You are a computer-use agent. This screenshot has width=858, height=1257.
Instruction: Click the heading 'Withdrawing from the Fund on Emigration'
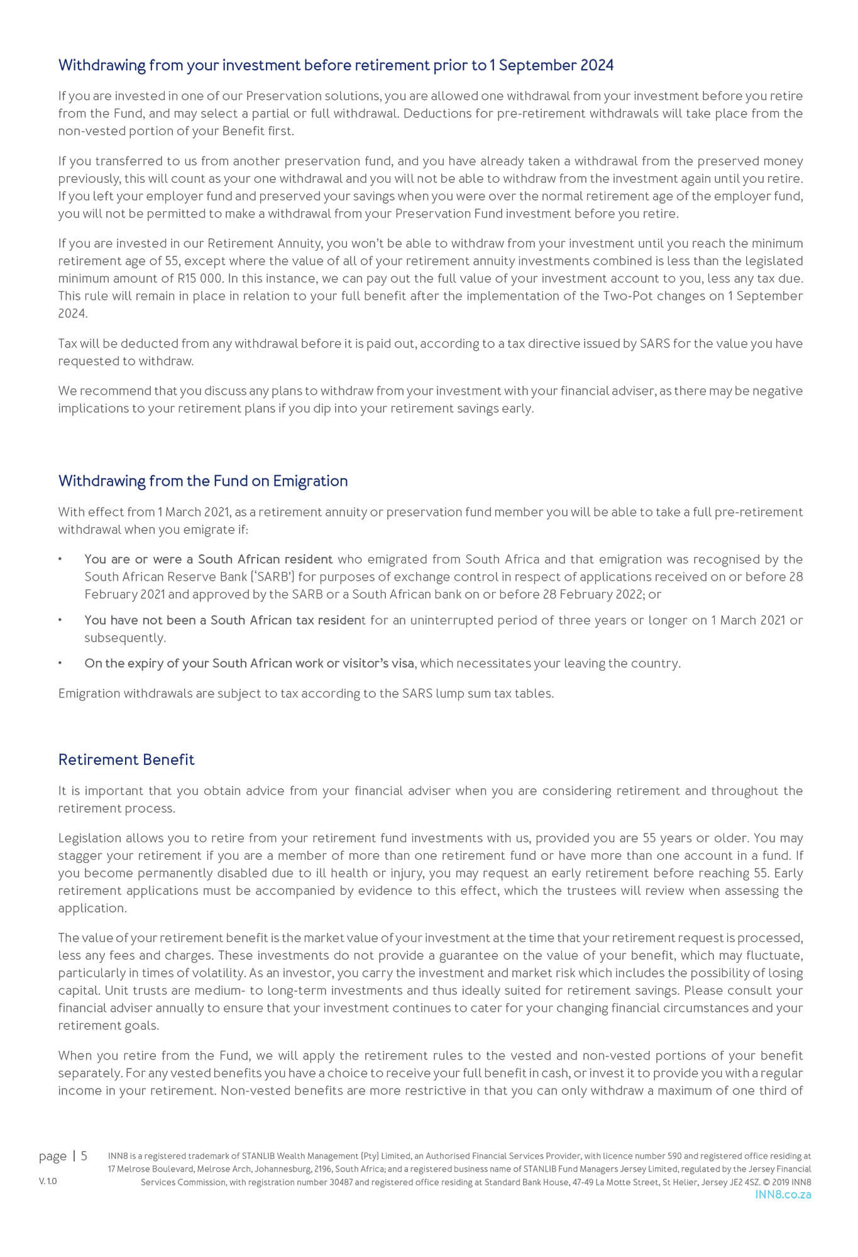tap(202, 481)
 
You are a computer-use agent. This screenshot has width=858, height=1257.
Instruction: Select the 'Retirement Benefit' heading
tap(126, 759)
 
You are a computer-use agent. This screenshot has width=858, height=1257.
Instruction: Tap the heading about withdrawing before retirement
tap(336, 65)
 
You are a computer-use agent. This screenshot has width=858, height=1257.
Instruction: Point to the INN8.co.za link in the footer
tap(783, 1194)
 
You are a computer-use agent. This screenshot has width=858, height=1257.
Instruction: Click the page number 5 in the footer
tap(84, 1156)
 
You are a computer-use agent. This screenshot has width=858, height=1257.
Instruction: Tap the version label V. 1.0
tap(48, 1181)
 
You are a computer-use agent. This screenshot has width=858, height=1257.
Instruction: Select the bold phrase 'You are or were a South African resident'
tap(208, 559)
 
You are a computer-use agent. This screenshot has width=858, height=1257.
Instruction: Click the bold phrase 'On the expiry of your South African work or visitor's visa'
tap(250, 664)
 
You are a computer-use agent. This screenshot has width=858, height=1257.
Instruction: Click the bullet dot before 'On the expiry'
tap(60, 664)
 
